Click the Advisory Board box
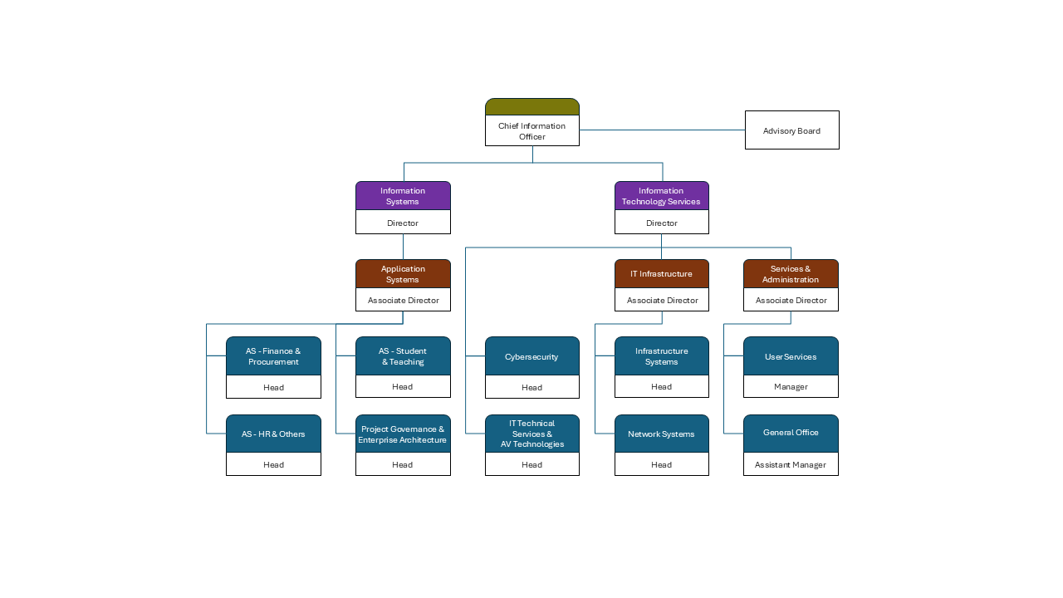[x=791, y=130]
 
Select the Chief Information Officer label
[x=531, y=131]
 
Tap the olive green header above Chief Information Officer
[x=531, y=107]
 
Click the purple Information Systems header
[x=403, y=196]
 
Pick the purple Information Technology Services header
[x=661, y=196]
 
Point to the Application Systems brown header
[x=403, y=274]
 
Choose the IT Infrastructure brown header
[x=661, y=274]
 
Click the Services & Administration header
[x=791, y=274]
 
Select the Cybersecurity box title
[x=531, y=356]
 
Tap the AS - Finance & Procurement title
[x=273, y=356]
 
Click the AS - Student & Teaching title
[x=403, y=356]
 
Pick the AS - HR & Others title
[x=273, y=434]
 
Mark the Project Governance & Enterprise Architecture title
[x=403, y=434]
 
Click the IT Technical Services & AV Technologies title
[x=531, y=434]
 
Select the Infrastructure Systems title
[x=661, y=356]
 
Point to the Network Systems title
[x=661, y=434]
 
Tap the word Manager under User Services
[x=791, y=387]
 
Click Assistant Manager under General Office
[x=791, y=465]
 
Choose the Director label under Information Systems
[x=403, y=223]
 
